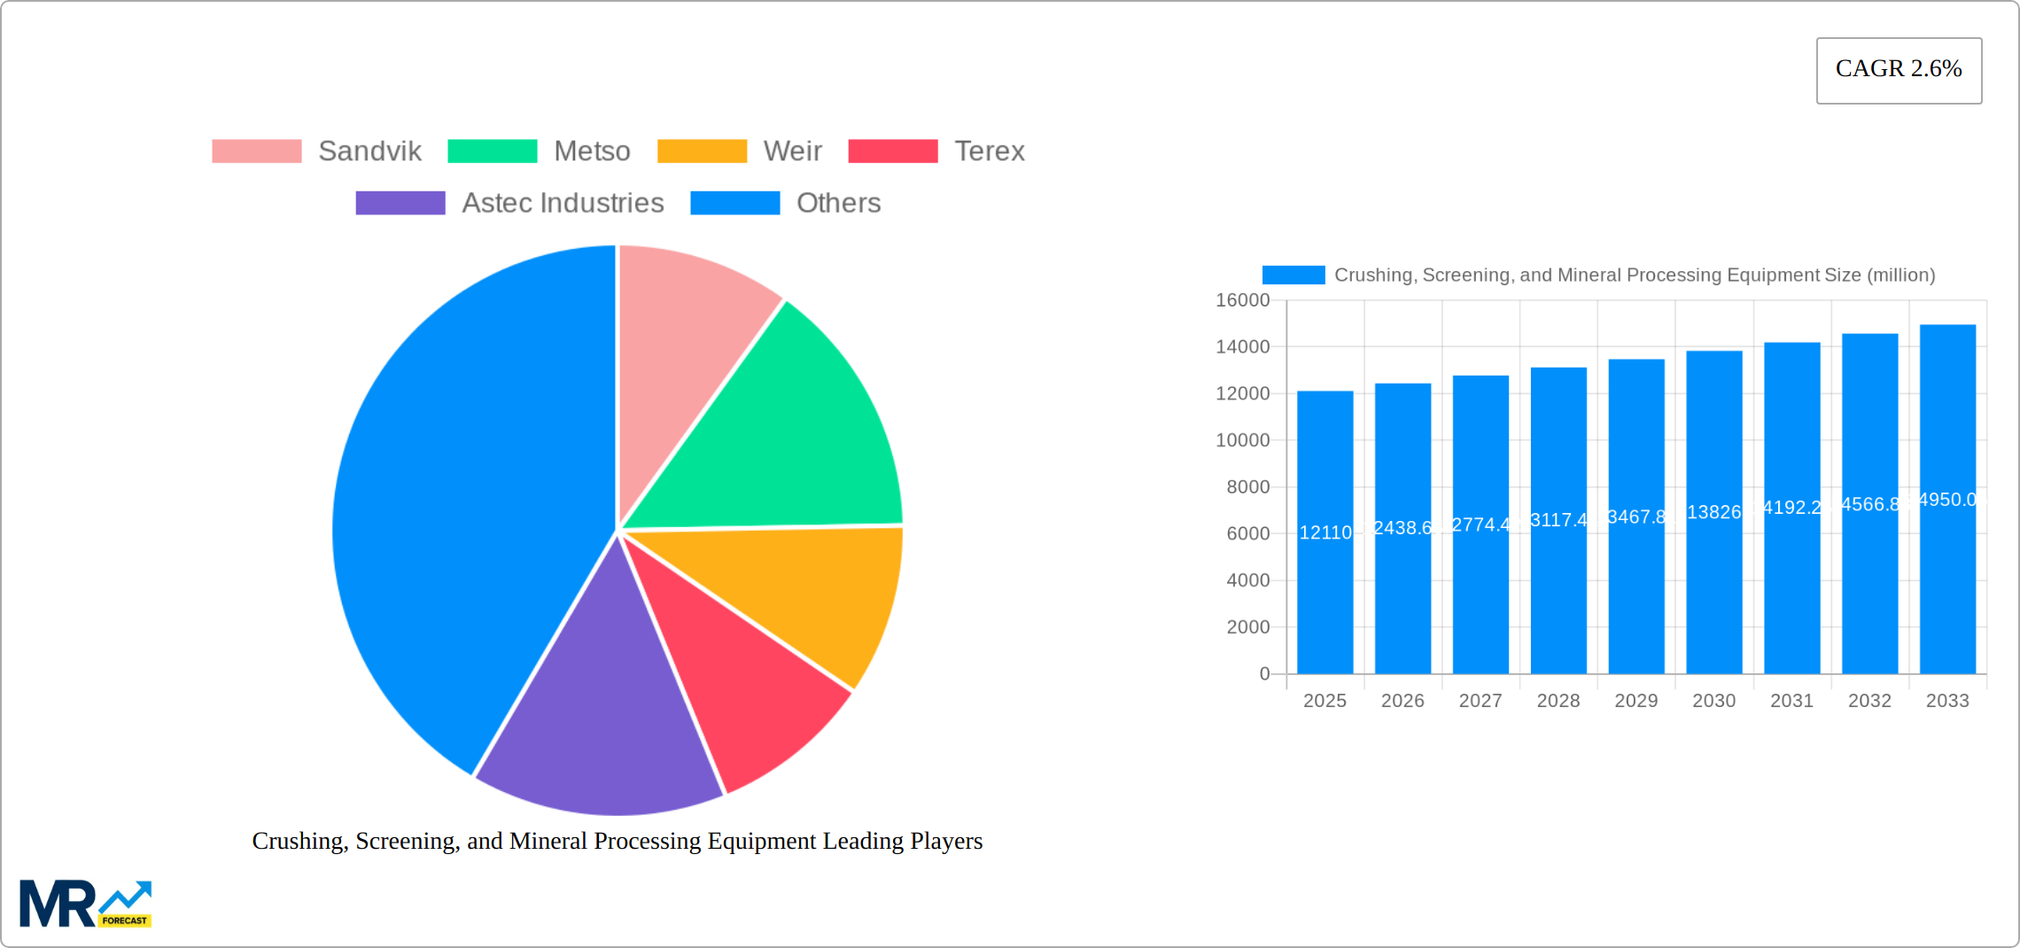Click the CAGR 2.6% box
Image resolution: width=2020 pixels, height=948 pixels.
pos(1899,70)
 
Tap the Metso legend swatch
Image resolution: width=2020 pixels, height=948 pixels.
pos(492,152)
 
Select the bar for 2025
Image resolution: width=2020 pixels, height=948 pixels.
pos(1325,576)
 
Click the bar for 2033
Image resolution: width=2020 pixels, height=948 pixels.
pos(1947,576)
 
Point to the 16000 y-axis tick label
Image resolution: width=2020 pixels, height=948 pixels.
pos(1242,300)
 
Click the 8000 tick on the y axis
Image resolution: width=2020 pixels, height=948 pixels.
pos(1247,487)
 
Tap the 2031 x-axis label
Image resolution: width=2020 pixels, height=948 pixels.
pos(1791,701)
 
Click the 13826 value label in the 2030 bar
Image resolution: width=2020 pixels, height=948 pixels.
pos(1713,512)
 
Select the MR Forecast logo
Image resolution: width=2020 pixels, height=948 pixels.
pos(85,904)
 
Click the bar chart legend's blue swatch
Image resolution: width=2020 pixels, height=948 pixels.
pos(1293,276)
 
